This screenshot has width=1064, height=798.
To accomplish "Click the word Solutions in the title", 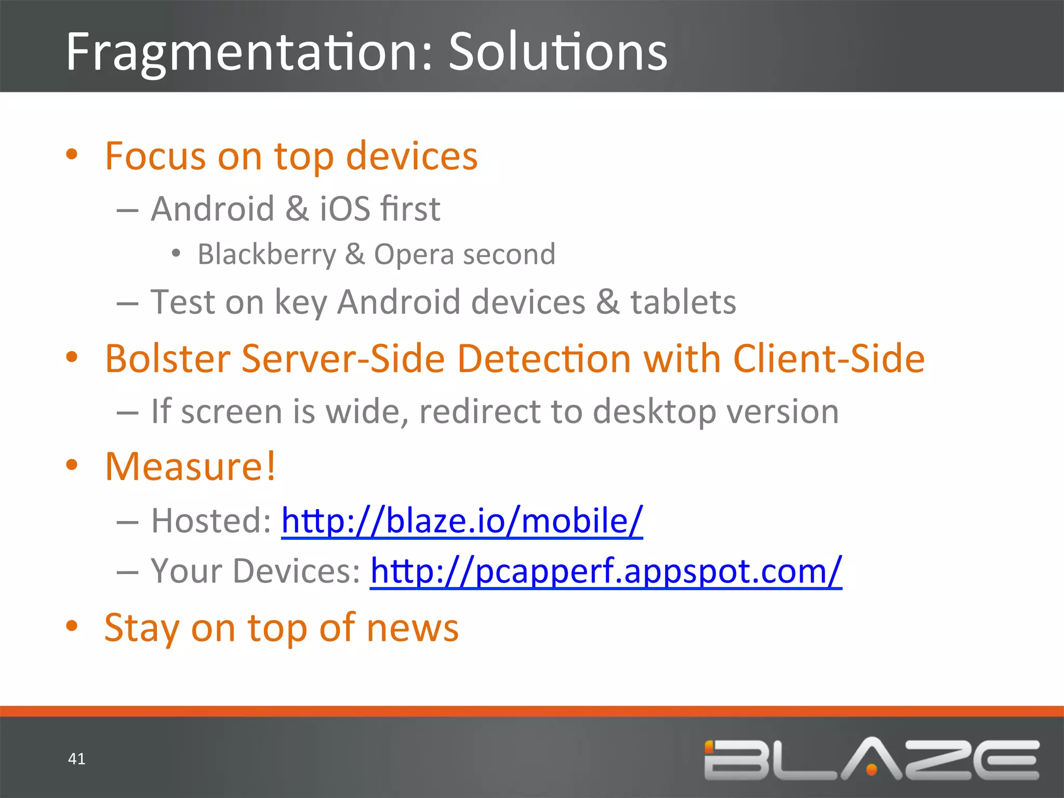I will pos(558,52).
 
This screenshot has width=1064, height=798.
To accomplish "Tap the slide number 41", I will pos(77,759).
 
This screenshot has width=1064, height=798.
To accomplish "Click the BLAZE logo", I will pos(871,759).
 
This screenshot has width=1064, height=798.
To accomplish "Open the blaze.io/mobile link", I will pos(462,521).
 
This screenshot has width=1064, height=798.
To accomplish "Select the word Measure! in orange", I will pos(190,467).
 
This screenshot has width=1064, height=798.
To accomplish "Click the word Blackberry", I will pos(267,255).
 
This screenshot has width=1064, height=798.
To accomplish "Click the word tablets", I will pos(683,302).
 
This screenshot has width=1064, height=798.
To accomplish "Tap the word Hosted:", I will pos(211,521).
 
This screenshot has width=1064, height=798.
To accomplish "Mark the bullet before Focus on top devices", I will pos(72,154).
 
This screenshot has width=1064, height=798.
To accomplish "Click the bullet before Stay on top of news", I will pos(72,626).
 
